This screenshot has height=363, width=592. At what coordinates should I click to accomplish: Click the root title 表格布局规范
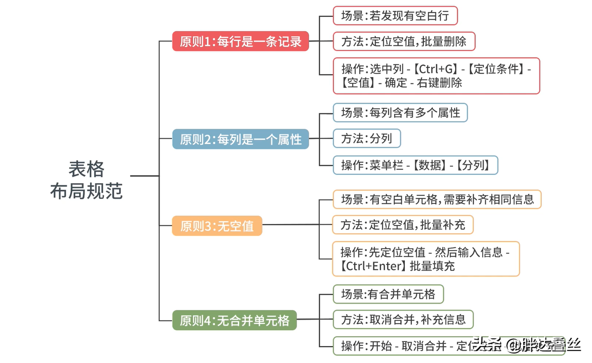(x=87, y=180)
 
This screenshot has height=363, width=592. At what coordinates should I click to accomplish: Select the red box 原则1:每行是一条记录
(x=240, y=42)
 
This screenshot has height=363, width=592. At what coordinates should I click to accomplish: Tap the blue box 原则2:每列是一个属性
(x=240, y=139)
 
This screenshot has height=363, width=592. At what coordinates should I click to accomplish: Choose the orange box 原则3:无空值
(x=217, y=226)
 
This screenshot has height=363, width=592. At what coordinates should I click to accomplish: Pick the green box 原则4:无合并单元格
(x=234, y=321)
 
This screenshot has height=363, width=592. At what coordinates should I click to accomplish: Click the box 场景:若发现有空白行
(x=395, y=16)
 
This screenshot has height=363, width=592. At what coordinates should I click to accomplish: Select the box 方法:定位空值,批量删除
(x=404, y=42)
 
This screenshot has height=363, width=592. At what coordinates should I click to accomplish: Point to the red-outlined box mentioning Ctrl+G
(x=436, y=76)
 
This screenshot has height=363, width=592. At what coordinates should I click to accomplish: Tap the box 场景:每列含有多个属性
(x=400, y=113)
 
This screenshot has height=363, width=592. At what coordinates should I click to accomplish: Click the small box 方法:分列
(x=366, y=139)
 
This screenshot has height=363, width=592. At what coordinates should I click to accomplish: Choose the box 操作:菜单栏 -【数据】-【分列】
(x=415, y=165)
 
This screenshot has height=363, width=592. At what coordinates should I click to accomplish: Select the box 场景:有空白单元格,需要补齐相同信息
(x=437, y=200)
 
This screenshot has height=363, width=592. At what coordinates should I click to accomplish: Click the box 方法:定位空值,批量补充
(x=402, y=225)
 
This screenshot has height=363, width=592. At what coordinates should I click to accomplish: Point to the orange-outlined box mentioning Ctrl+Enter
(x=425, y=259)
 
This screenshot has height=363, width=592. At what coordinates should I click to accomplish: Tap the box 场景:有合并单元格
(x=388, y=294)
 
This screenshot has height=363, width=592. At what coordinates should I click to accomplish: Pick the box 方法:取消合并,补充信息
(x=403, y=320)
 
